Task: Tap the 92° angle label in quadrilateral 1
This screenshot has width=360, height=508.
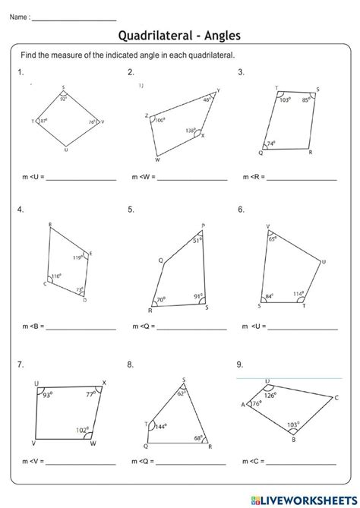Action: coord(64,98)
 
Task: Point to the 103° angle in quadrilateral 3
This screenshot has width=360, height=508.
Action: coord(286,99)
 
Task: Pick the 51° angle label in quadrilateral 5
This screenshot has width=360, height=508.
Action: coord(197,240)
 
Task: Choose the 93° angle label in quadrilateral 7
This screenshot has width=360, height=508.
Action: coord(48,395)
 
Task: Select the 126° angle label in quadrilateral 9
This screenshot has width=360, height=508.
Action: coord(270,396)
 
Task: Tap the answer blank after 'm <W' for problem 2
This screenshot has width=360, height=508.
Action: coord(191,179)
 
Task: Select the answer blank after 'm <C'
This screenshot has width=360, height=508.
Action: coord(302,462)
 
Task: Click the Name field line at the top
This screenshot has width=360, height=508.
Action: coord(74,15)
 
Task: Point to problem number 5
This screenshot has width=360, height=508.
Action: coord(131,209)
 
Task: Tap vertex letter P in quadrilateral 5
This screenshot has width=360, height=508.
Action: coord(203,226)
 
